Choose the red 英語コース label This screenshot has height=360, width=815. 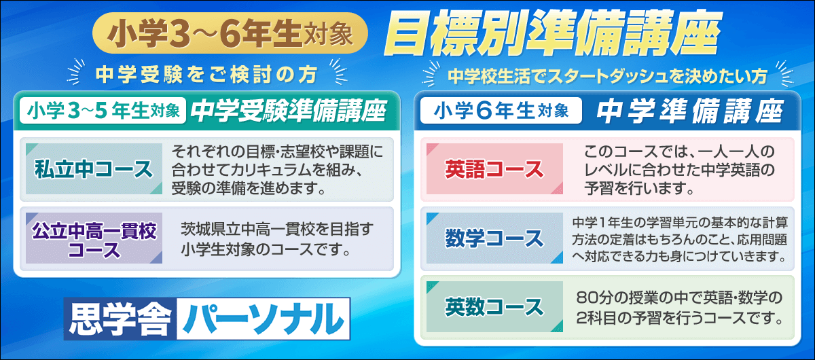click(494, 168)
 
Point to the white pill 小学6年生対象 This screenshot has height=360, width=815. click(501, 111)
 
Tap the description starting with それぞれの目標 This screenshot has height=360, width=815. click(277, 168)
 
